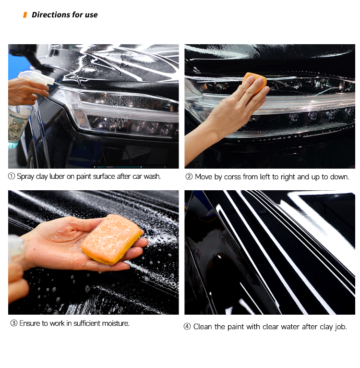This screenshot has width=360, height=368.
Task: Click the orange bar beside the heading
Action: coord(25,15)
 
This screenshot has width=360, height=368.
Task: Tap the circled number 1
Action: coord(11,176)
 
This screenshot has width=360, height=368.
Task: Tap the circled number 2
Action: coord(189,176)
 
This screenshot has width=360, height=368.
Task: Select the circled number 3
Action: coord(13,323)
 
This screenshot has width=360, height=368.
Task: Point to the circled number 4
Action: coord(187,327)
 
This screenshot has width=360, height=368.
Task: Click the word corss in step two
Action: coord(232,177)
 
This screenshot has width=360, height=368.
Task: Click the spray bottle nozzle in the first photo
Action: coord(50,81)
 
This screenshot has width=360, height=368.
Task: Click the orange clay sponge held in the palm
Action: coord(112,239)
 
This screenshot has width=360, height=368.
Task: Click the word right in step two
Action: coord(288,177)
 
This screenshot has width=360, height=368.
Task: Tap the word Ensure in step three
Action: coord(30,323)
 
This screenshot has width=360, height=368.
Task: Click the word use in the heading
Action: coord(91,15)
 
